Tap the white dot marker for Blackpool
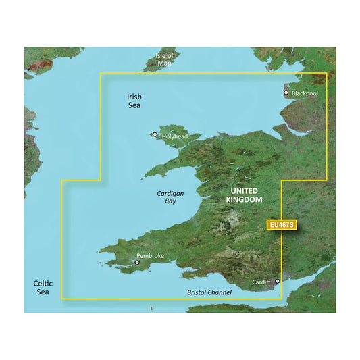(286, 93)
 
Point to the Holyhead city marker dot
(155, 135)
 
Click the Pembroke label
(151, 256)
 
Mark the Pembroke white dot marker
(137, 262)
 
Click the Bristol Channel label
(209, 292)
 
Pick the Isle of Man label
(164, 59)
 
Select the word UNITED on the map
(242, 192)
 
